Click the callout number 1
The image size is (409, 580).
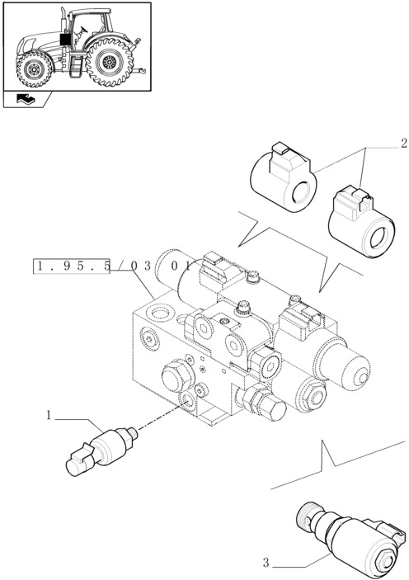[49, 417]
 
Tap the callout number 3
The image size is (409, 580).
[266, 563]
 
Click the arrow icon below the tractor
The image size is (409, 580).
[26, 99]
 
